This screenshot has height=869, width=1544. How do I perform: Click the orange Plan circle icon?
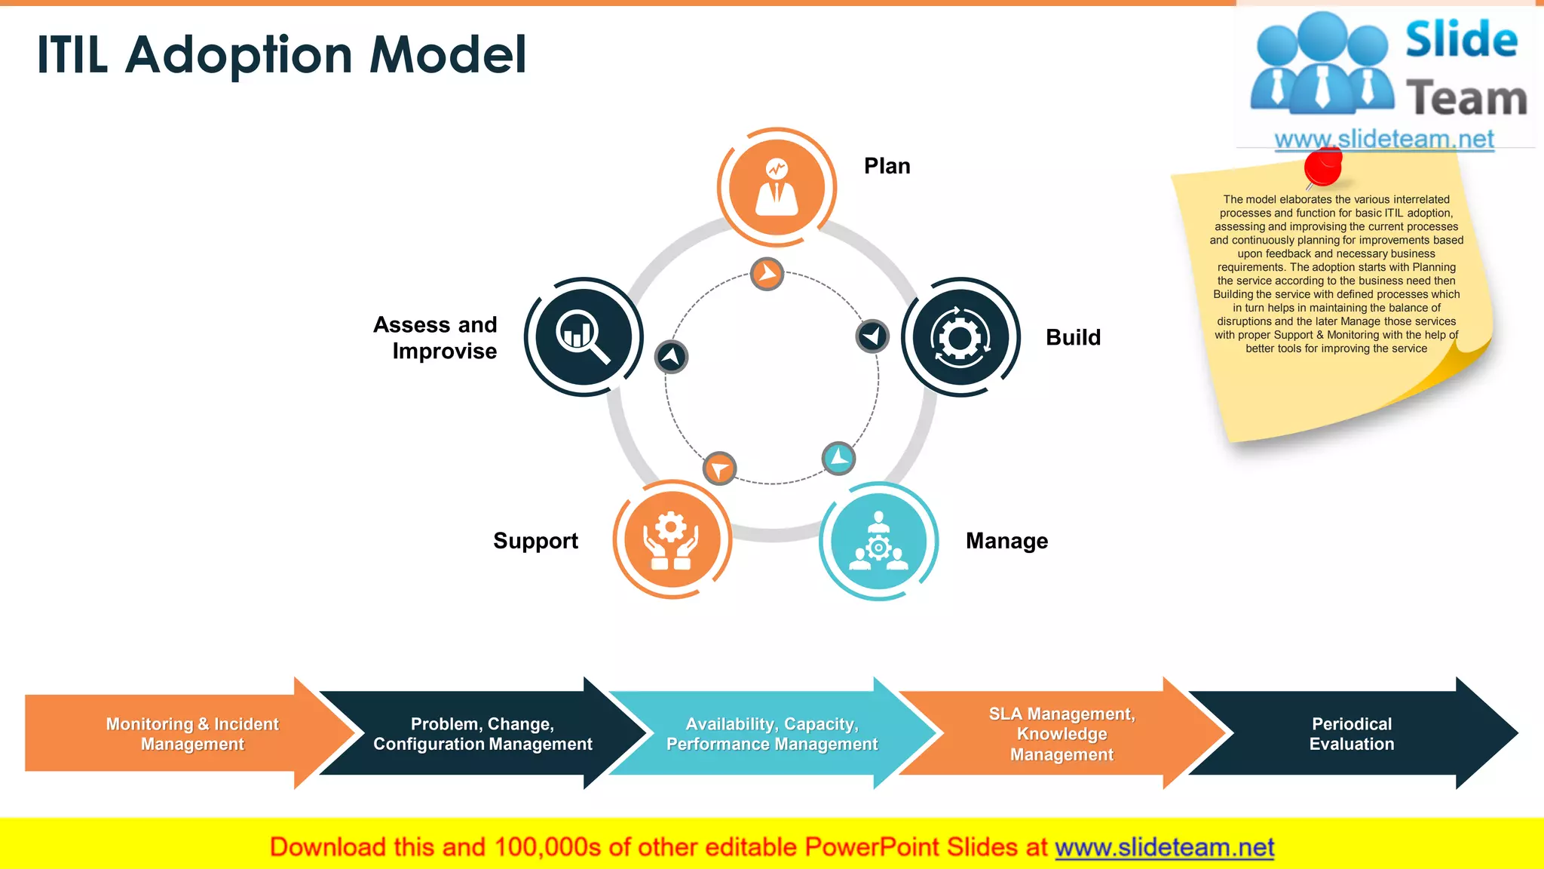pos(777,187)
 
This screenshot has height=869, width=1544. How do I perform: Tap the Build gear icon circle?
pos(960,337)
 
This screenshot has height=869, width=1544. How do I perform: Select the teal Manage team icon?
pos(878,541)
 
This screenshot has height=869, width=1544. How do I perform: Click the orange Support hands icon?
pos(671,540)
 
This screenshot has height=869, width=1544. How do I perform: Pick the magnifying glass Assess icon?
pos(583,336)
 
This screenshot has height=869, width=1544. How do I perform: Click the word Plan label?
pos(887,166)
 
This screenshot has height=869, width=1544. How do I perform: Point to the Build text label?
pos(1073,337)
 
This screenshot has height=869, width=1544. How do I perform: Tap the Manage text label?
pos(1006,541)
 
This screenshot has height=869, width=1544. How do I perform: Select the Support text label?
pos(535,541)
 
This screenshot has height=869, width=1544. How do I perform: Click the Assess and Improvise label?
pos(436,338)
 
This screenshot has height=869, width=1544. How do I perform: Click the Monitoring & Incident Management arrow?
pos(191,734)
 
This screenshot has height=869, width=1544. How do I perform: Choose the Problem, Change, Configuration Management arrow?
pos(482,734)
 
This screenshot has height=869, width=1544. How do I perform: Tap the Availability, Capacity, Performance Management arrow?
pos(772,734)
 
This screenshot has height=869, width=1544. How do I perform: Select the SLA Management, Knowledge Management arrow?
pos(1061,734)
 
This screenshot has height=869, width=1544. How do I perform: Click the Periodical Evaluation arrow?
pos(1351,734)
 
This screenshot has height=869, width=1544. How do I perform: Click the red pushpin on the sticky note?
pos(1323,167)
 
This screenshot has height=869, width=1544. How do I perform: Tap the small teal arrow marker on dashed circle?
pos(838,458)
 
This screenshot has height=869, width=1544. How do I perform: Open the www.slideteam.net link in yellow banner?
pos(1164,847)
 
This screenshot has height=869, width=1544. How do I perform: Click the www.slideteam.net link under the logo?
pos(1383,139)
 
